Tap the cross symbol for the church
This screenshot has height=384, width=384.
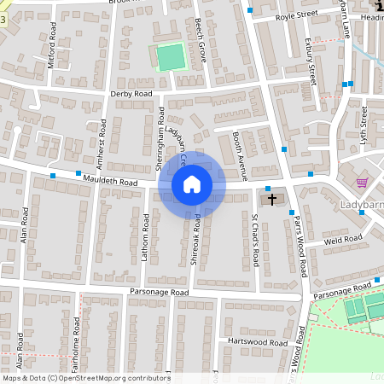[x=272, y=201]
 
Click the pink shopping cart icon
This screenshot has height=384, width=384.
[x=363, y=182]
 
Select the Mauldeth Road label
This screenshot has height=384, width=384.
[x=110, y=180]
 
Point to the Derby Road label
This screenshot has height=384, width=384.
[x=131, y=93]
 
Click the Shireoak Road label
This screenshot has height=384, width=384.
[x=197, y=243]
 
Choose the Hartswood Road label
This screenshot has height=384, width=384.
[x=261, y=341]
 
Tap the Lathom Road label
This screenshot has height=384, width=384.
[x=145, y=240]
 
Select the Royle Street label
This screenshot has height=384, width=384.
[x=295, y=15]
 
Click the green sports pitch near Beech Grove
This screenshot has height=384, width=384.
[x=171, y=57]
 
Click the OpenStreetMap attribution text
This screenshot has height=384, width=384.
[x=85, y=378]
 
